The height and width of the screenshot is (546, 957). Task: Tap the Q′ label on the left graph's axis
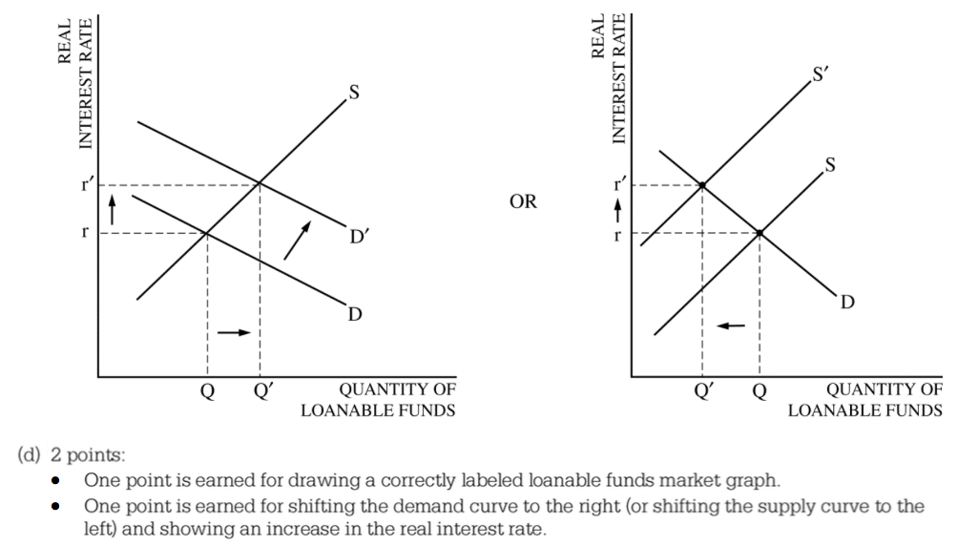[x=261, y=390]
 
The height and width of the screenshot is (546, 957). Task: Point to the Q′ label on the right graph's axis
[x=703, y=390]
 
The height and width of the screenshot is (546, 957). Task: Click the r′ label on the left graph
[x=87, y=184]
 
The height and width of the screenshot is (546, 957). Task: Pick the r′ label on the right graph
[x=622, y=184]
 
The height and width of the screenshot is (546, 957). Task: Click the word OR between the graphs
[x=523, y=201]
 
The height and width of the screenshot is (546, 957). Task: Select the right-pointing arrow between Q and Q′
[x=234, y=332]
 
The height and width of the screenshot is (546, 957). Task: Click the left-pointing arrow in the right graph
[x=731, y=325]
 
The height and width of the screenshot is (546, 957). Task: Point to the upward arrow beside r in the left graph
[x=112, y=206]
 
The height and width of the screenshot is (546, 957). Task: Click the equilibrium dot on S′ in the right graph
[x=702, y=185]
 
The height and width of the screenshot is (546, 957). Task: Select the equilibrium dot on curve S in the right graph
[x=759, y=232]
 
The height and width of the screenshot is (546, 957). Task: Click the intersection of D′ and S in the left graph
[x=260, y=184]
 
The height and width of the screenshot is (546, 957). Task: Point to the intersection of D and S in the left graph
[x=207, y=232]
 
